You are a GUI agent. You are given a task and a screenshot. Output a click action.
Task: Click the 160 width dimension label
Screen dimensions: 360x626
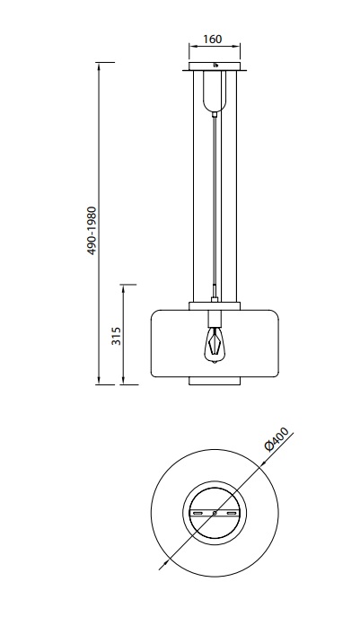click(x=213, y=40)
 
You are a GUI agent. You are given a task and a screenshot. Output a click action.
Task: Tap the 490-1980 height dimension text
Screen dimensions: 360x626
click(x=92, y=231)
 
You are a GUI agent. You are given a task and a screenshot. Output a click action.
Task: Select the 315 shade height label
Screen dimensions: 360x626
click(x=116, y=336)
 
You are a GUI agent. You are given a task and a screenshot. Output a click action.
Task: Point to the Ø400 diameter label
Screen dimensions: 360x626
click(x=277, y=439)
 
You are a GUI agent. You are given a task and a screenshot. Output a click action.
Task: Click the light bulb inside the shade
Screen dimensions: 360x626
click(x=215, y=345)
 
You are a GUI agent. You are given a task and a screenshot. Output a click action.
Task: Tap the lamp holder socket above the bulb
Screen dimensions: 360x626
click(x=215, y=318)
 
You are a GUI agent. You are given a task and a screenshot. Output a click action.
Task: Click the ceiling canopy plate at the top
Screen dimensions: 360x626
click(x=215, y=66)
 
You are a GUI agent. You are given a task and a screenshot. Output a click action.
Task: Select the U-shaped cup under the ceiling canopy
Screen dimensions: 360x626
click(x=215, y=91)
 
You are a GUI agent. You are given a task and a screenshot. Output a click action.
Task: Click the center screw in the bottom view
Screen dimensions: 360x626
click(x=215, y=513)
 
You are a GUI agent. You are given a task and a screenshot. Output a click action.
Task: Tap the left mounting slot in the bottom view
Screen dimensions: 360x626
click(x=198, y=513)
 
